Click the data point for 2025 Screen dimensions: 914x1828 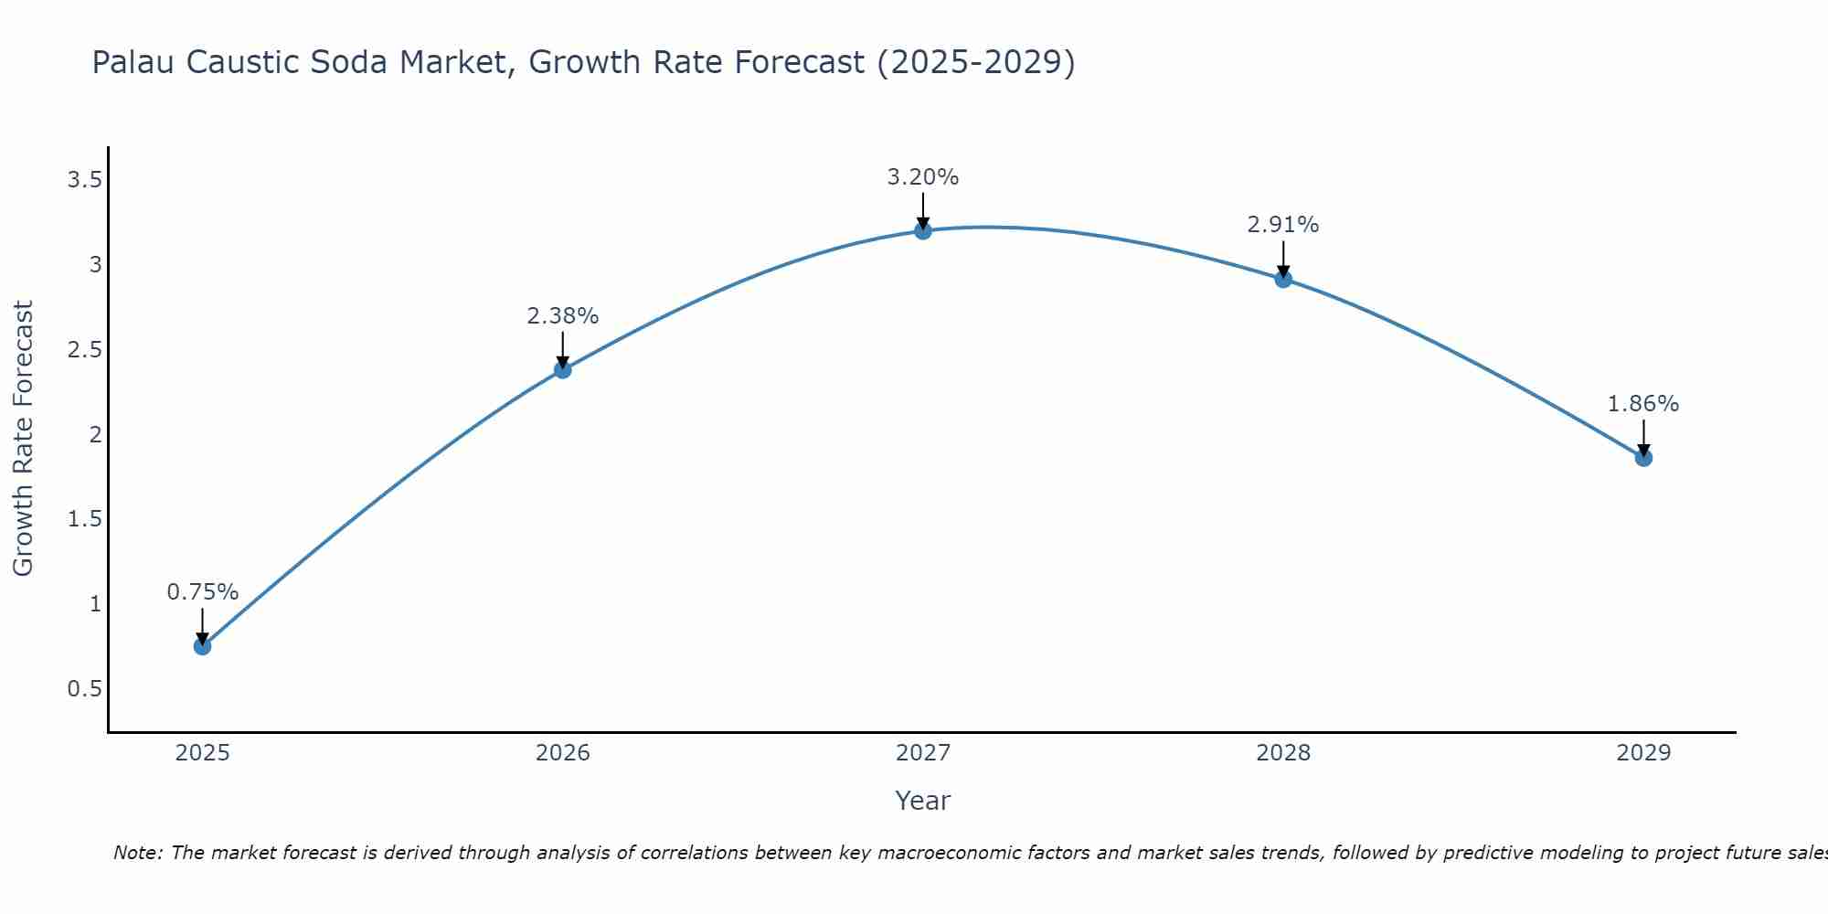tap(202, 646)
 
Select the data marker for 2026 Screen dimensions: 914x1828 tap(563, 369)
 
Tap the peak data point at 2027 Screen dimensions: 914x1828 tap(923, 230)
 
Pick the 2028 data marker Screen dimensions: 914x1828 tap(1283, 279)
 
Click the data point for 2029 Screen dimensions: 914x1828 tap(1643, 458)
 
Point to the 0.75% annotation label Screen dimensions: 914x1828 tap(202, 592)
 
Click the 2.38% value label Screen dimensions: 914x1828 tap(563, 316)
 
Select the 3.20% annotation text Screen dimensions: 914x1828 tap(923, 177)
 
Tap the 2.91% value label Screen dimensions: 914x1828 tap(1283, 225)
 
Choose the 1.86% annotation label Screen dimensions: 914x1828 tap(1643, 404)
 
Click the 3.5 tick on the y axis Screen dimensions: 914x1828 tap(84, 180)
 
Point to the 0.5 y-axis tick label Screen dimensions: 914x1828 tap(84, 688)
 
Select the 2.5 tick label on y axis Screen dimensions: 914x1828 tap(84, 350)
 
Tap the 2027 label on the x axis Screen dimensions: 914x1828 tap(923, 753)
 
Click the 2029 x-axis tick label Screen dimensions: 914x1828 tap(1643, 753)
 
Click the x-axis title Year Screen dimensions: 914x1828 tap(923, 801)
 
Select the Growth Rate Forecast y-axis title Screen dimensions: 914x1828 tap(23, 439)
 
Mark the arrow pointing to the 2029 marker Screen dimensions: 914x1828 tap(1643, 437)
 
